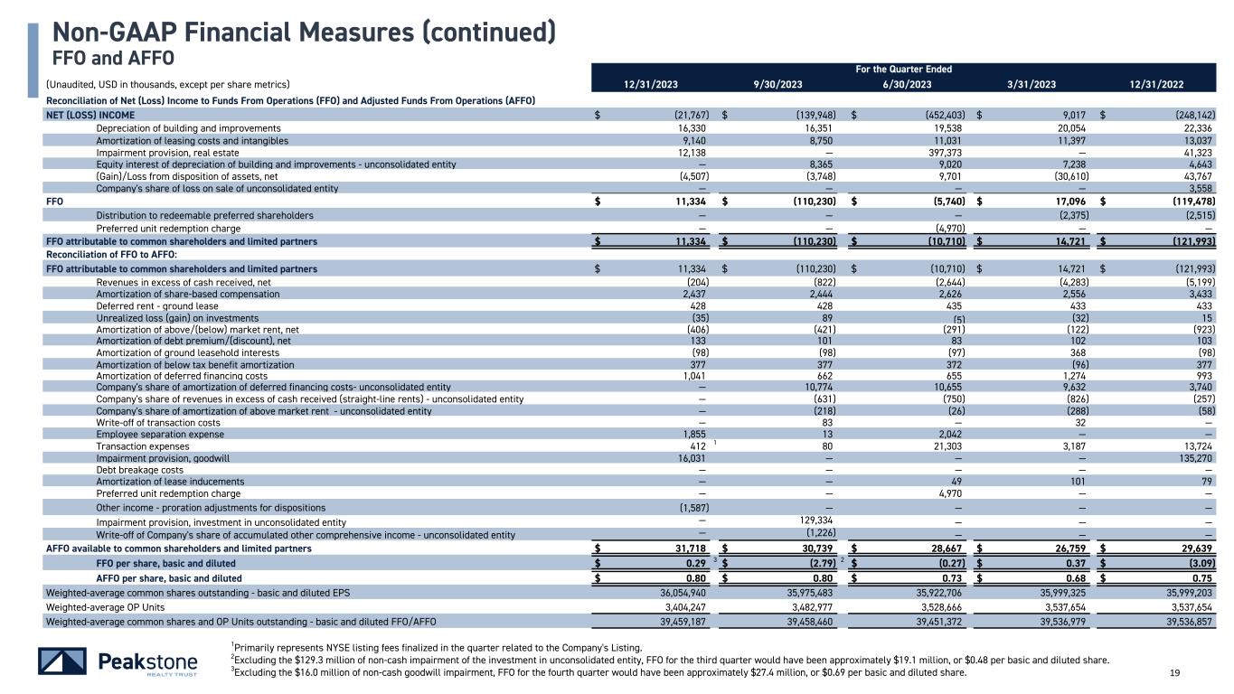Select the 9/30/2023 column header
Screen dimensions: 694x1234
777,84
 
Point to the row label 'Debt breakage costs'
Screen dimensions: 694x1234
139,470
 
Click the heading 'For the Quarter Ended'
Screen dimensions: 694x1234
904,69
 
